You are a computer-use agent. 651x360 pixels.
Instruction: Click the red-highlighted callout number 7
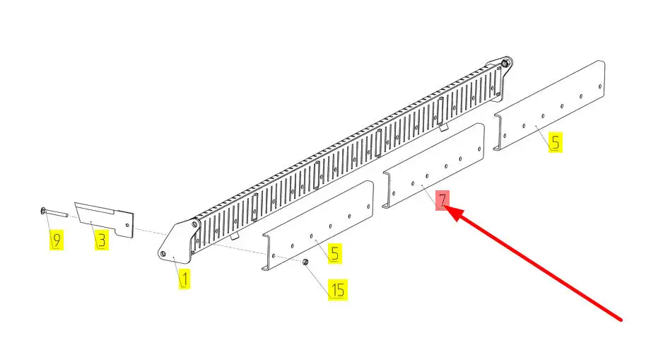click(x=442, y=201)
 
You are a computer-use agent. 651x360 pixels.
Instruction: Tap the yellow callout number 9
click(x=57, y=240)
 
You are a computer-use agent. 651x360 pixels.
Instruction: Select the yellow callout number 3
click(x=102, y=240)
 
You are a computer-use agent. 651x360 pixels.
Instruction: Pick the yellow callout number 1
click(x=184, y=279)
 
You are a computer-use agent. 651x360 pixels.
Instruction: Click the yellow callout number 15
click(x=338, y=289)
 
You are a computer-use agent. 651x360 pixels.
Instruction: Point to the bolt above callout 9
click(x=54, y=212)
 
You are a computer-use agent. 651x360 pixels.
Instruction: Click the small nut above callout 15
click(x=305, y=262)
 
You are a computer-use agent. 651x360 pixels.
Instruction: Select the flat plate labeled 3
click(x=104, y=219)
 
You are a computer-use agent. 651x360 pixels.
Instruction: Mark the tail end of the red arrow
click(x=621, y=320)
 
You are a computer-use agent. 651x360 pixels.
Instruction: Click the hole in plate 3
click(x=128, y=225)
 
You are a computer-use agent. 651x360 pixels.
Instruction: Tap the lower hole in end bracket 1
click(x=163, y=253)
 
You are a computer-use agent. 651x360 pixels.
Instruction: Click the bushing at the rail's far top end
click(x=504, y=64)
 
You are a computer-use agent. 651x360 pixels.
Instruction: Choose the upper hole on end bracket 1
click(x=194, y=224)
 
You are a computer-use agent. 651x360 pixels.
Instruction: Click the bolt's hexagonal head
click(x=43, y=211)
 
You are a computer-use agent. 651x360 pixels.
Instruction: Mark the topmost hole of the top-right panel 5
click(x=600, y=86)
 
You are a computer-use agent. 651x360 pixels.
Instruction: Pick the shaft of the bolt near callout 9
click(x=57, y=213)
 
